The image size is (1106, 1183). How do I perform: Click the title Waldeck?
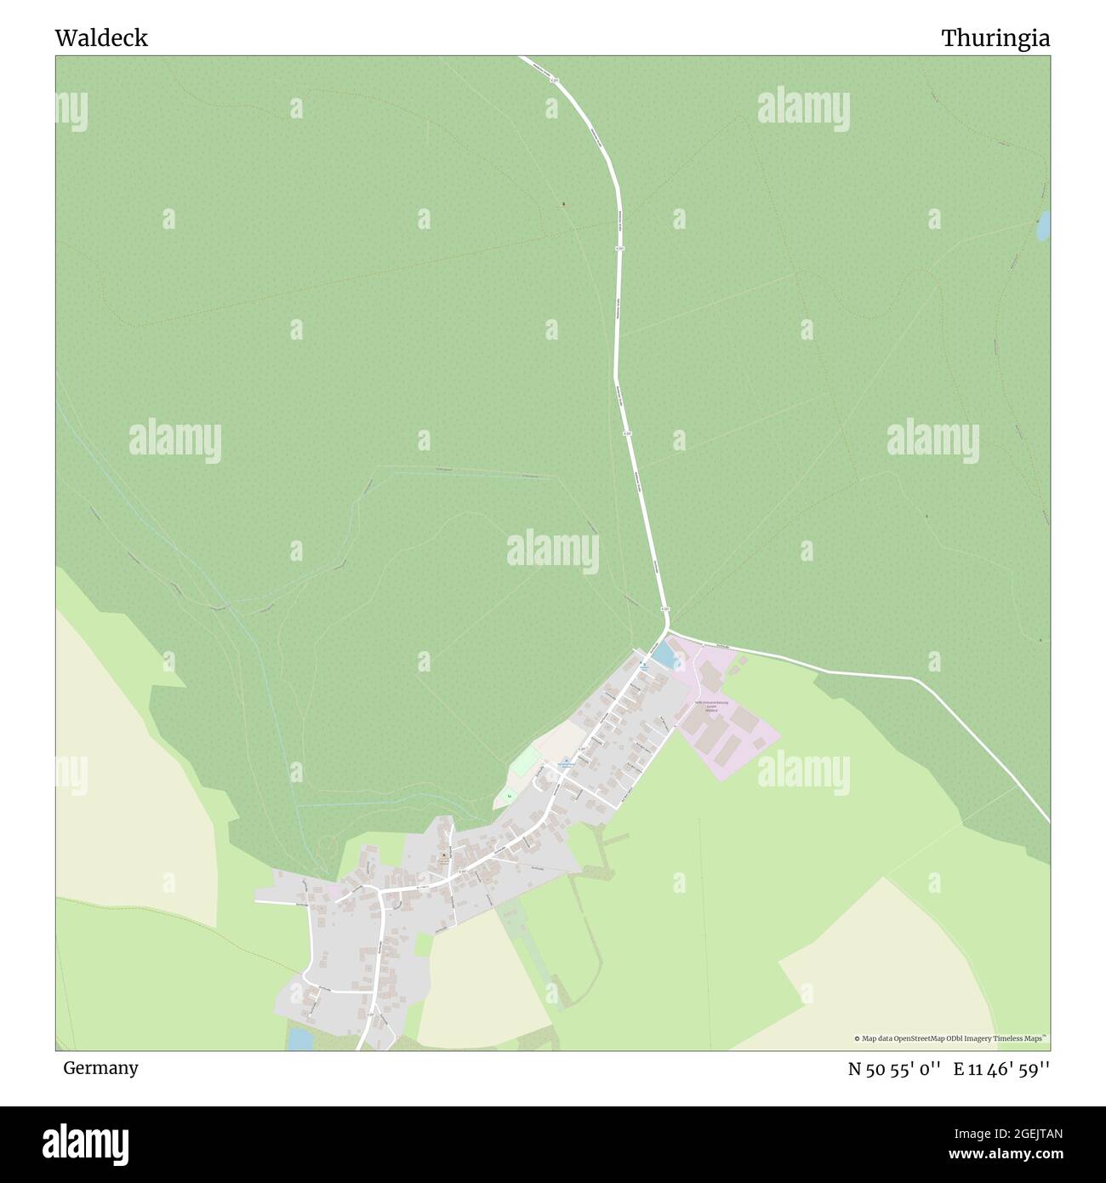(101, 38)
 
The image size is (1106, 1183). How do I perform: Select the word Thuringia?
(995, 38)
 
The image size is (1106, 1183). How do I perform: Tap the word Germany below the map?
(100, 1067)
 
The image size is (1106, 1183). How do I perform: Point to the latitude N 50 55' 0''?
(893, 1069)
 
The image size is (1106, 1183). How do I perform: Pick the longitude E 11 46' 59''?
(1001, 1069)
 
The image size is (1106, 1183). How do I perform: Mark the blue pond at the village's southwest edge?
(299, 1038)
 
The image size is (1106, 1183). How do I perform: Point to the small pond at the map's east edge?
(1042, 226)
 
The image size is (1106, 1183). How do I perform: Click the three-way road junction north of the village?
(667, 632)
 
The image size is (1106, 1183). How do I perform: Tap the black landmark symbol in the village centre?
(443, 854)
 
